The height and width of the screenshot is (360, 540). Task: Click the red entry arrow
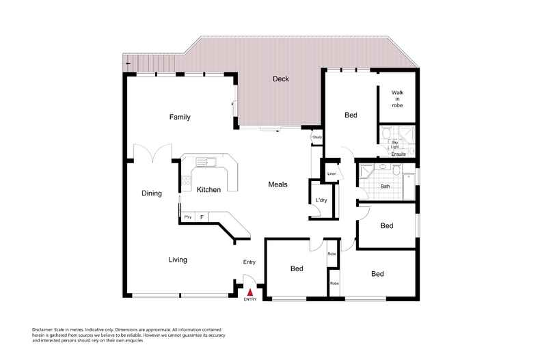click(249, 292)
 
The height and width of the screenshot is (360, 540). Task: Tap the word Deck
click(280, 79)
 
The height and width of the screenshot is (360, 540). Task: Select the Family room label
click(180, 117)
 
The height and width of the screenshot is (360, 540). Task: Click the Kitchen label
click(208, 190)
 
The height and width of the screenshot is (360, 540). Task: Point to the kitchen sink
click(204, 162)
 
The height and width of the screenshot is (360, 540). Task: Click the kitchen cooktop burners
click(185, 180)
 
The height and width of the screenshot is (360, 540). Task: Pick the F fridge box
click(202, 217)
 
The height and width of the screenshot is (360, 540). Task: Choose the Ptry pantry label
click(188, 217)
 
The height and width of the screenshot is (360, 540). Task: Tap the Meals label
click(277, 184)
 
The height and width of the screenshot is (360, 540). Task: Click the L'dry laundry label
click(320, 200)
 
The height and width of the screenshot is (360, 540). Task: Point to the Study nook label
click(317, 138)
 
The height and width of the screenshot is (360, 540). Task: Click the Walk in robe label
click(398, 99)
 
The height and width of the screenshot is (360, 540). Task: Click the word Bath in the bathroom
click(385, 186)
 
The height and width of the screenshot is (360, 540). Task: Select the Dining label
click(152, 193)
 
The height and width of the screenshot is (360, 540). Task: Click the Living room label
click(178, 260)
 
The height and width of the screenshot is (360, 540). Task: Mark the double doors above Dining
click(152, 153)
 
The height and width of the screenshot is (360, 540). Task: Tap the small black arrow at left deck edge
click(127, 63)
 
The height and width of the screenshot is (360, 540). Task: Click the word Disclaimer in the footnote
click(42, 329)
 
